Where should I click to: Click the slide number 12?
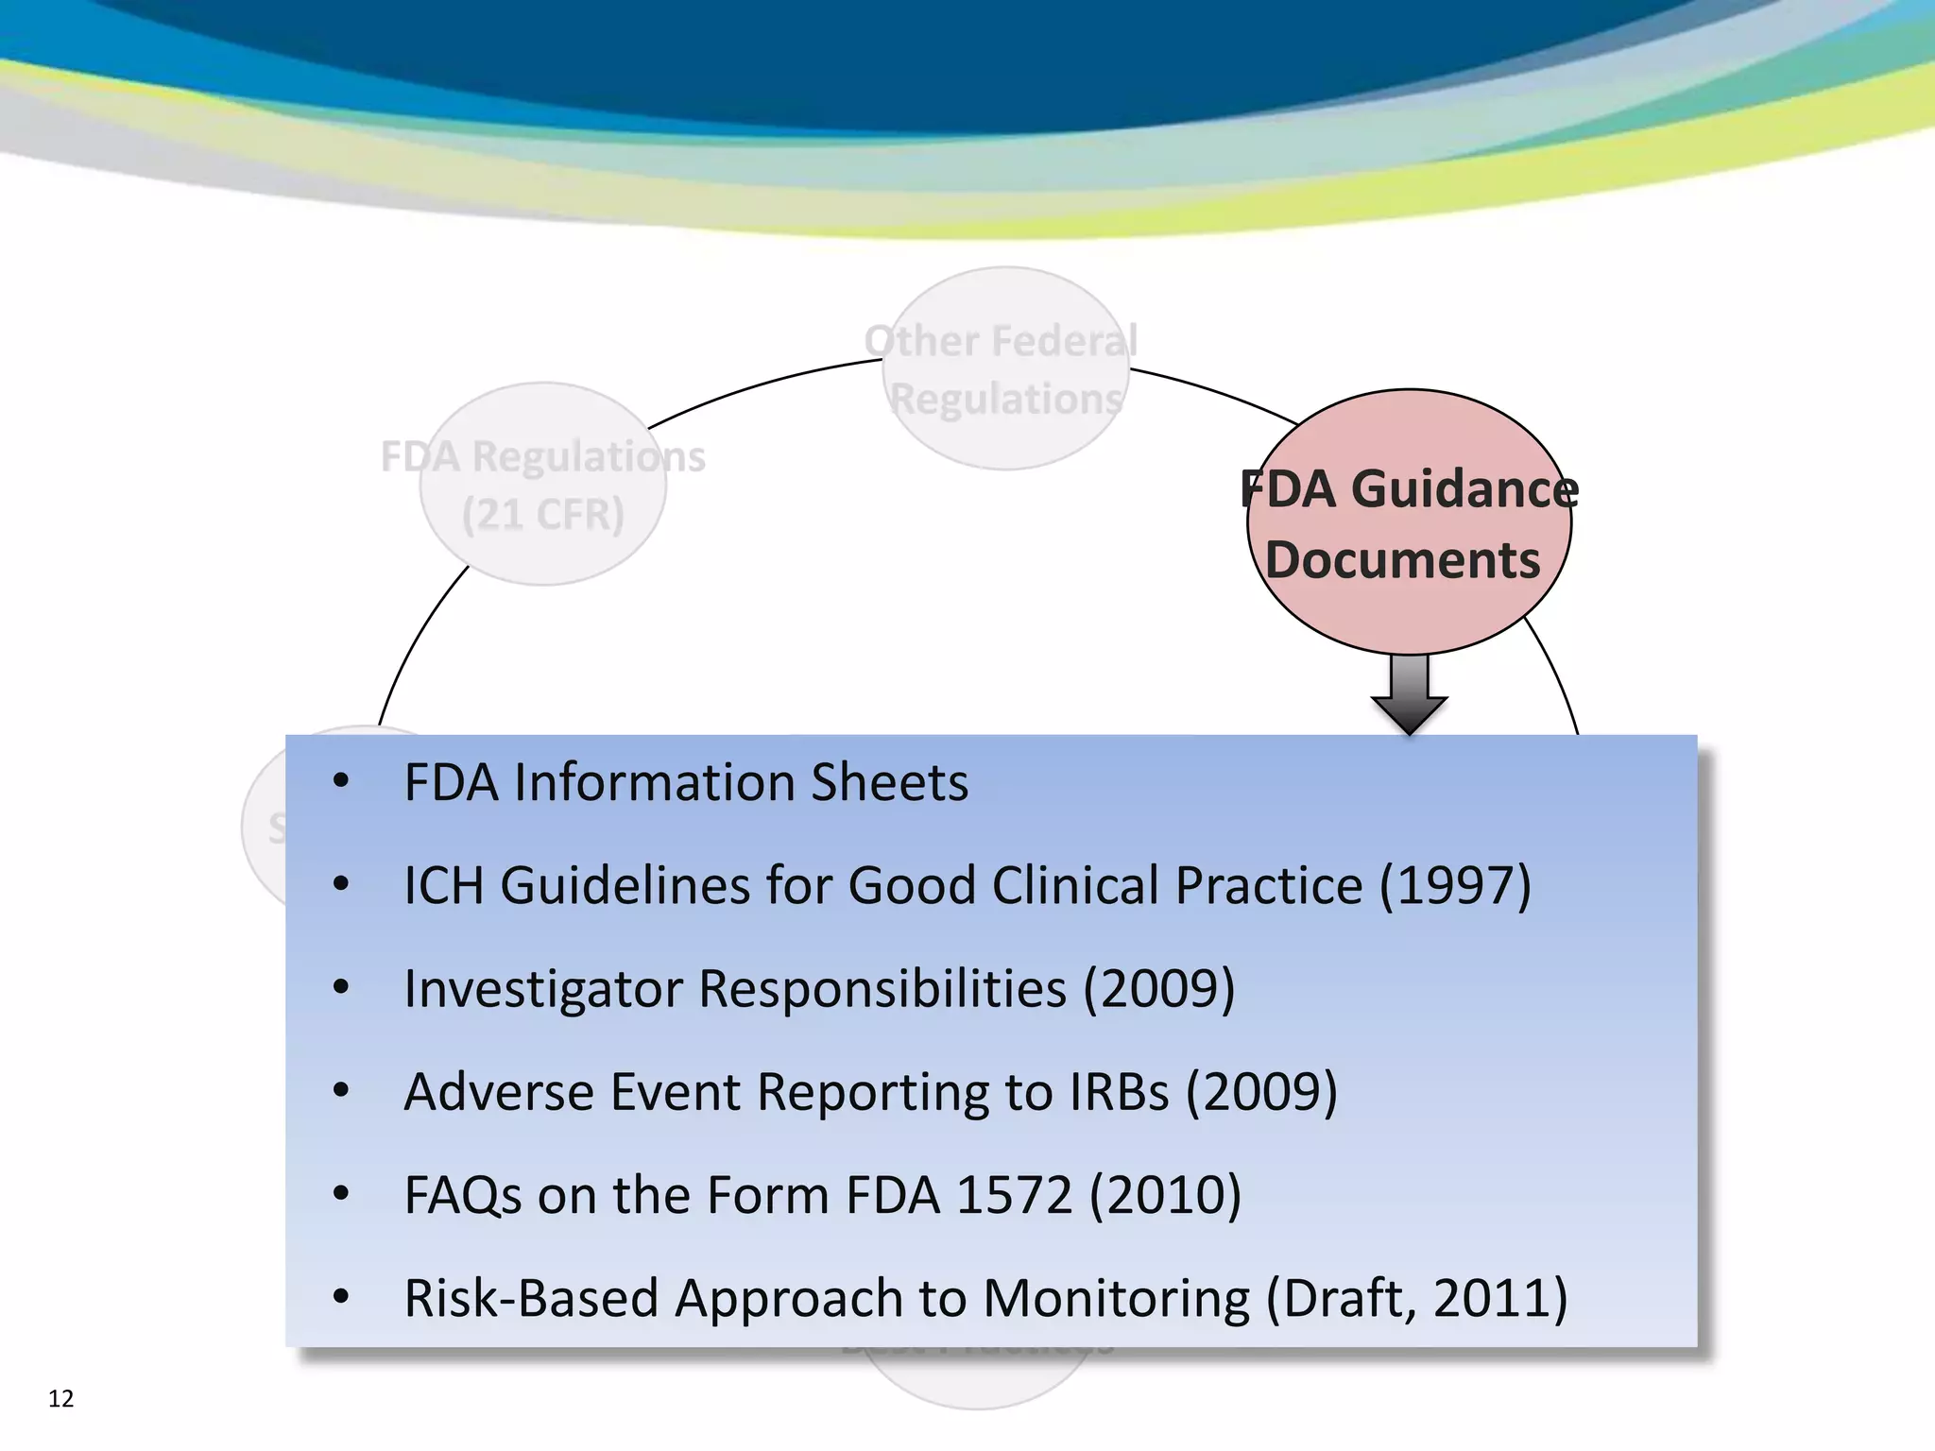click(x=60, y=1398)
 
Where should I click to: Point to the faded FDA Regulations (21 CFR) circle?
click(x=542, y=484)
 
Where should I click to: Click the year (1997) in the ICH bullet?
click(x=1455, y=886)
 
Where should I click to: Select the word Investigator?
click(x=542, y=990)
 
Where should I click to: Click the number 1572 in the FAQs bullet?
click(x=1014, y=1195)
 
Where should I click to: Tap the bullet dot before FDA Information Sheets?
click(x=341, y=781)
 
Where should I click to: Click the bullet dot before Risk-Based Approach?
click(x=341, y=1297)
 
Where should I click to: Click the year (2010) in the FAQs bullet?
click(x=1165, y=1195)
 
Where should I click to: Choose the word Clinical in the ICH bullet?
click(x=1074, y=886)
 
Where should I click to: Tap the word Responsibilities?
click(x=882, y=990)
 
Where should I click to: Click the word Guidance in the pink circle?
click(x=1464, y=489)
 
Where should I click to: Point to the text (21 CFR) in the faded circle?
click(x=542, y=515)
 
